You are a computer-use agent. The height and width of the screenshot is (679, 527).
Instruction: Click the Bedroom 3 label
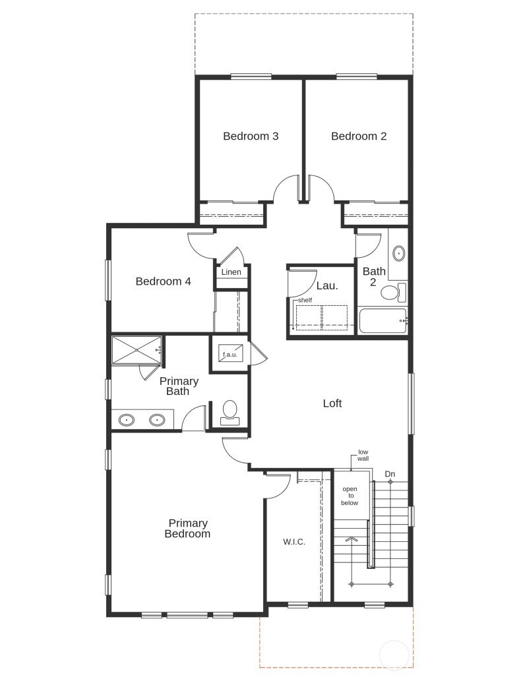[251, 136]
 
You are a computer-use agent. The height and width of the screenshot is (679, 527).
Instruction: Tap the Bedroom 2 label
[359, 136]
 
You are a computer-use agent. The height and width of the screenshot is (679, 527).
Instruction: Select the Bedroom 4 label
[163, 281]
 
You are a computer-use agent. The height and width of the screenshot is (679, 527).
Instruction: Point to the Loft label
[332, 403]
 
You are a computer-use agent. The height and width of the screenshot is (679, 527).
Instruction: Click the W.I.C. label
[294, 542]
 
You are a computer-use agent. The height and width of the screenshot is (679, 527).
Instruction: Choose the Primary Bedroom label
[187, 529]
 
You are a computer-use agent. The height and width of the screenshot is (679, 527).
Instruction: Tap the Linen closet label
[231, 272]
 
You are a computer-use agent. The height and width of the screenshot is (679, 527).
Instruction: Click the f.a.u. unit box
[230, 354]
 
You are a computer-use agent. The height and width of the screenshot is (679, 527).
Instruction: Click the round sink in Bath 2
[398, 253]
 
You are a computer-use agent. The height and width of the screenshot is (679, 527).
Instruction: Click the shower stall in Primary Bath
[136, 350]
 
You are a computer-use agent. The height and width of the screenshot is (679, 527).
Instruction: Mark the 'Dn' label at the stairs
[390, 474]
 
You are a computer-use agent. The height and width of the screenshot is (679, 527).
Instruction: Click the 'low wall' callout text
[363, 455]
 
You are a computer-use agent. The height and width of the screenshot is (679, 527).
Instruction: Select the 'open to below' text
[350, 496]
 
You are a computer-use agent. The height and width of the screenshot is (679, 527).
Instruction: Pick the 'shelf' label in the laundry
[304, 300]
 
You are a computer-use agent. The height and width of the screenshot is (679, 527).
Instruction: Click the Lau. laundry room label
[327, 286]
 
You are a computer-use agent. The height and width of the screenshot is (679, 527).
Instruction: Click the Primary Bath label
[179, 386]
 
